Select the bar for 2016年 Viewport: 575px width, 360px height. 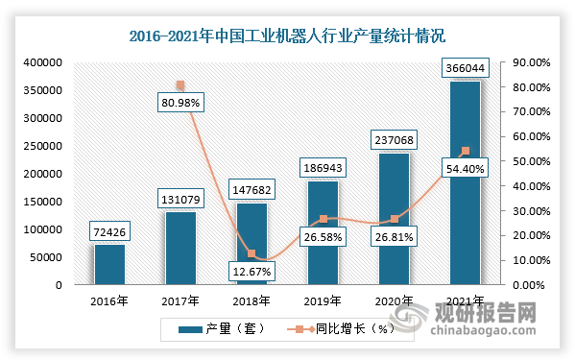click(x=108, y=264)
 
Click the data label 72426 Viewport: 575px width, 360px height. click(x=108, y=232)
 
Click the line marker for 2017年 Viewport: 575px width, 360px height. click(x=180, y=85)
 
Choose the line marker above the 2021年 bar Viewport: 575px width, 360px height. click(x=466, y=151)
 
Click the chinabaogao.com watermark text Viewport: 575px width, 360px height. click(x=501, y=331)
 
